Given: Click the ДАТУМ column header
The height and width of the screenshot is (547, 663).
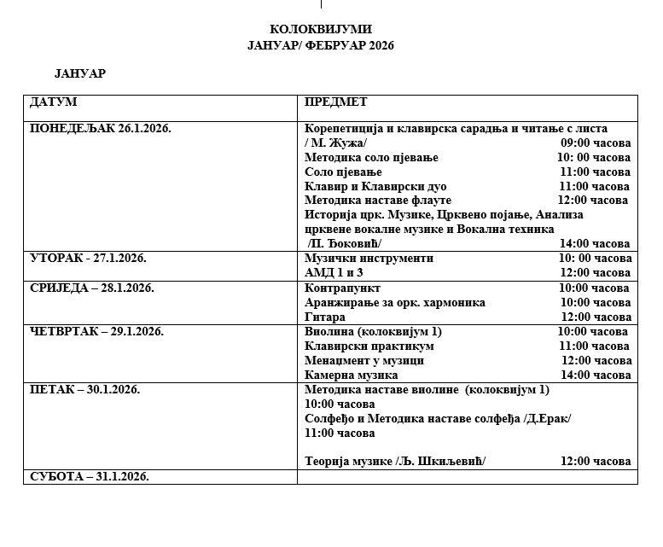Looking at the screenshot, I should coord(54,102).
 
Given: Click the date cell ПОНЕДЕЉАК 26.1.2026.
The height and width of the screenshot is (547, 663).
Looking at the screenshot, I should coord(101,128).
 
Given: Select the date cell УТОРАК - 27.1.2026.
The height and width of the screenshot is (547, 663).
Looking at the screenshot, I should coord(89,258).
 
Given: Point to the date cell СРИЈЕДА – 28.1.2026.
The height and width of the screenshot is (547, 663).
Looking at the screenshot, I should coord(92,288).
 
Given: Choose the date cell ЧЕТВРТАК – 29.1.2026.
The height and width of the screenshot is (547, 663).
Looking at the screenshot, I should coord(97,331).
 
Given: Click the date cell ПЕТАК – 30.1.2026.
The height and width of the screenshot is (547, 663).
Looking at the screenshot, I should coord(85,389).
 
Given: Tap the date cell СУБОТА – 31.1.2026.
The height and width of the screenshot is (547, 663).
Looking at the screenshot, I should coord(90,476).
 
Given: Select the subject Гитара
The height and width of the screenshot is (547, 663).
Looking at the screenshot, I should coord(324,317).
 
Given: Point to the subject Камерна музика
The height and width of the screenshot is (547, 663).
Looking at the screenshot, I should coord(352,375).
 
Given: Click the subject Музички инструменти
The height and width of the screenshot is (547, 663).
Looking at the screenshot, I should coord(369,258).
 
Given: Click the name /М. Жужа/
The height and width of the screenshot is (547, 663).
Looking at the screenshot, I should coord(335,143).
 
